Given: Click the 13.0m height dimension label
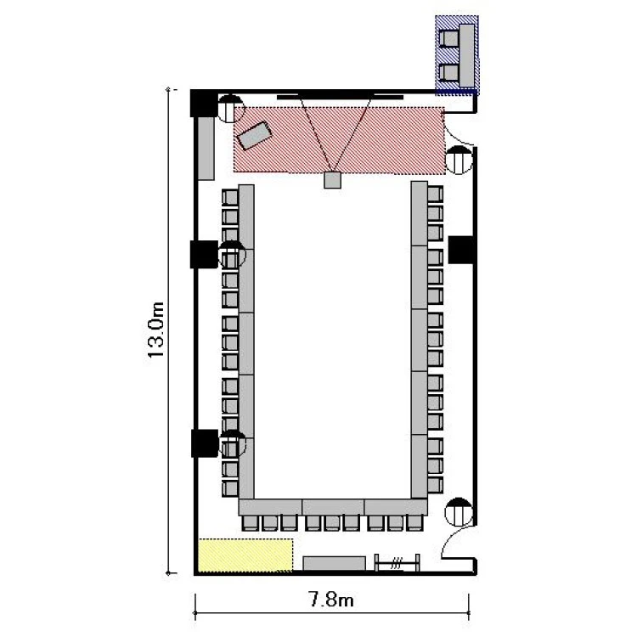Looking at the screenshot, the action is (155, 330).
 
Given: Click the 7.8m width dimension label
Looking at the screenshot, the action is (331, 600).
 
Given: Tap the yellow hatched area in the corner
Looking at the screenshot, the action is (245, 555).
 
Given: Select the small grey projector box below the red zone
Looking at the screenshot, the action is (332, 180).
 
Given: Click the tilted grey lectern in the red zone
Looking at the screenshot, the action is (254, 135).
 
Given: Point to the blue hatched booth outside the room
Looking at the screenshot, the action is (457, 55).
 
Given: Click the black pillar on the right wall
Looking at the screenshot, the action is (461, 250).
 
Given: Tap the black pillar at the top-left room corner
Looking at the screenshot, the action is (204, 104).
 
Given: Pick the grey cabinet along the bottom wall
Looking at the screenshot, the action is (334, 563).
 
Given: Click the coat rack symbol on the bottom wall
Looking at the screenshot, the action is (397, 563).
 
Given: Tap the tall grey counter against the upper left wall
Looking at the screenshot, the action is (206, 149).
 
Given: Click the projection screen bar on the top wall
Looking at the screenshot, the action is (340, 97).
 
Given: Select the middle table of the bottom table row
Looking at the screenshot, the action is (333, 507).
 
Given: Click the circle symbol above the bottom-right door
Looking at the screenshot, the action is (459, 511).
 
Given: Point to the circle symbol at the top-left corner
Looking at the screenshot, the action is (231, 109).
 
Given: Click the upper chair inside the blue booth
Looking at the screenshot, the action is (448, 39).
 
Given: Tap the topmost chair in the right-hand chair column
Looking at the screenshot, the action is (435, 194).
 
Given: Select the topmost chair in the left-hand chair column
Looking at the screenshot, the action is (230, 197).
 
